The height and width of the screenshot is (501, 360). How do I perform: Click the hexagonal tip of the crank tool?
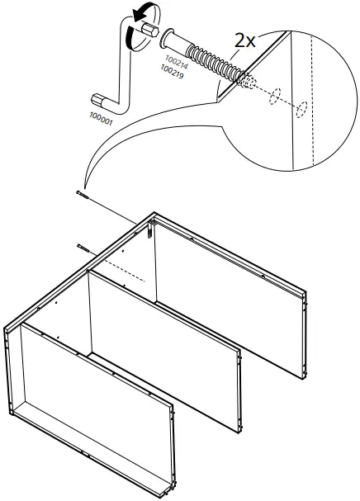pos(149,31)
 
